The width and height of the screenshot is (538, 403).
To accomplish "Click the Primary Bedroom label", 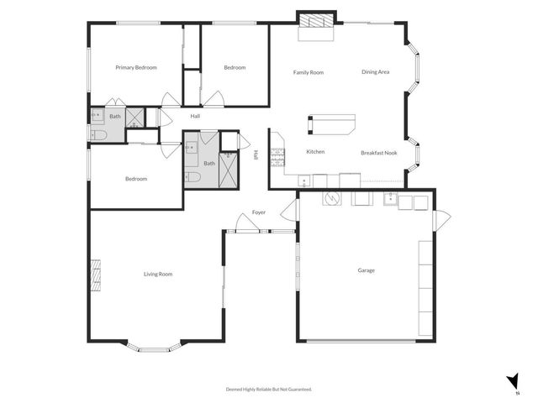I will [x=136, y=68].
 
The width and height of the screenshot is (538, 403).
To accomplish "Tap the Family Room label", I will [x=309, y=72].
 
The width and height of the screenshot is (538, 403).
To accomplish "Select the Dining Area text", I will [x=376, y=72].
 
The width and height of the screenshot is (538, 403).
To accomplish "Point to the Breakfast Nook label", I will [x=378, y=153].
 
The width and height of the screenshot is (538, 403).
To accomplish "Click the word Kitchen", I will [x=315, y=152].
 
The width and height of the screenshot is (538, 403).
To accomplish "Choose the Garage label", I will [x=367, y=270].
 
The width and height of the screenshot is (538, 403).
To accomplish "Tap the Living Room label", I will [x=158, y=274].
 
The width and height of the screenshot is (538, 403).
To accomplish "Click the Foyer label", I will [x=259, y=212].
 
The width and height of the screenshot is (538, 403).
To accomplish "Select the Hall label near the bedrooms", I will [x=195, y=116].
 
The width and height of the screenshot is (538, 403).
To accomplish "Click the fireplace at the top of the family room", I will [x=316, y=20].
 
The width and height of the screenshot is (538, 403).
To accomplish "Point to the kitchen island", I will [x=331, y=124].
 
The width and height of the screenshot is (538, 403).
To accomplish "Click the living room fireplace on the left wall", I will [x=96, y=275].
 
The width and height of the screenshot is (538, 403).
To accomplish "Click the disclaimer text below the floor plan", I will [x=269, y=390].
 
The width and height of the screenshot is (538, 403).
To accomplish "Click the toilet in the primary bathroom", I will [x=97, y=134].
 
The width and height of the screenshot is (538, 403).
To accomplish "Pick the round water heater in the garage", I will [x=331, y=199].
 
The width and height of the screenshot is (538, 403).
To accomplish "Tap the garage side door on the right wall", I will [x=440, y=219].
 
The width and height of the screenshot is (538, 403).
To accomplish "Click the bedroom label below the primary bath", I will [x=136, y=179].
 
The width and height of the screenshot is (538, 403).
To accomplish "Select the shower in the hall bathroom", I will [x=227, y=174].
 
